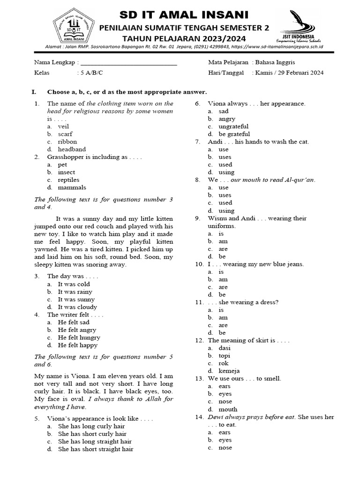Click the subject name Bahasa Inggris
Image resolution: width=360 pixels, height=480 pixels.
(276, 62)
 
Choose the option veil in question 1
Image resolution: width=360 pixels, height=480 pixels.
(63, 127)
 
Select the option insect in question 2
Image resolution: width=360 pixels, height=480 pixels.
(66, 172)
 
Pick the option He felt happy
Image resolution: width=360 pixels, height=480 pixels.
(77, 345)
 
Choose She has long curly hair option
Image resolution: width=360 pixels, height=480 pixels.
(91, 427)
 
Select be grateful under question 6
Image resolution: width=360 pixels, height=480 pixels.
(234, 134)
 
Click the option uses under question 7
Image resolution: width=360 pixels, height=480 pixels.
(225, 157)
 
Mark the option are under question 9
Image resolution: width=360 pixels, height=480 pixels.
(223, 249)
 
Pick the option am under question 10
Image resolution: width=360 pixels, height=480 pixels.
(223, 279)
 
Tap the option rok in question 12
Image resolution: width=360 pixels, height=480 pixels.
(223, 363)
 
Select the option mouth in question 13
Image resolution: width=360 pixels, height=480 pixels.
(228, 409)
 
